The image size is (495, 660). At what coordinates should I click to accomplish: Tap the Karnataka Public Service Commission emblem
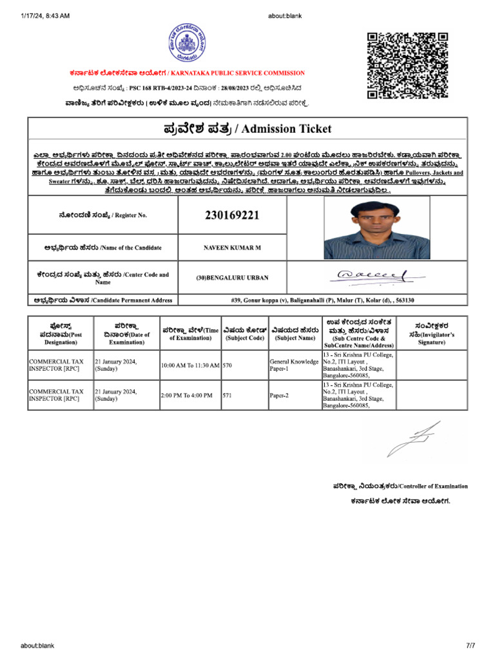point(187,43)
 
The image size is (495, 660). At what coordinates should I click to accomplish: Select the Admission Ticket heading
point(247,129)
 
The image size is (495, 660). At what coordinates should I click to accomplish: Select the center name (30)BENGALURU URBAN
point(232,278)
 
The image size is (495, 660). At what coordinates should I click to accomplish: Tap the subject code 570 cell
point(228,365)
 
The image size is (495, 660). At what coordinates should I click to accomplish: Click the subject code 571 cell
point(228,395)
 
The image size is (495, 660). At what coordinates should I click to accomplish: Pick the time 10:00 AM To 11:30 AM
point(190,365)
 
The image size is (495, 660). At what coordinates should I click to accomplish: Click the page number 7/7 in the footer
point(470,645)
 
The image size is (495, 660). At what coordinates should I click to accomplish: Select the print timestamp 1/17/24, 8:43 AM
point(46,15)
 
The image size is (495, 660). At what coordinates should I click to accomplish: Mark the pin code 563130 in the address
point(403,300)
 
